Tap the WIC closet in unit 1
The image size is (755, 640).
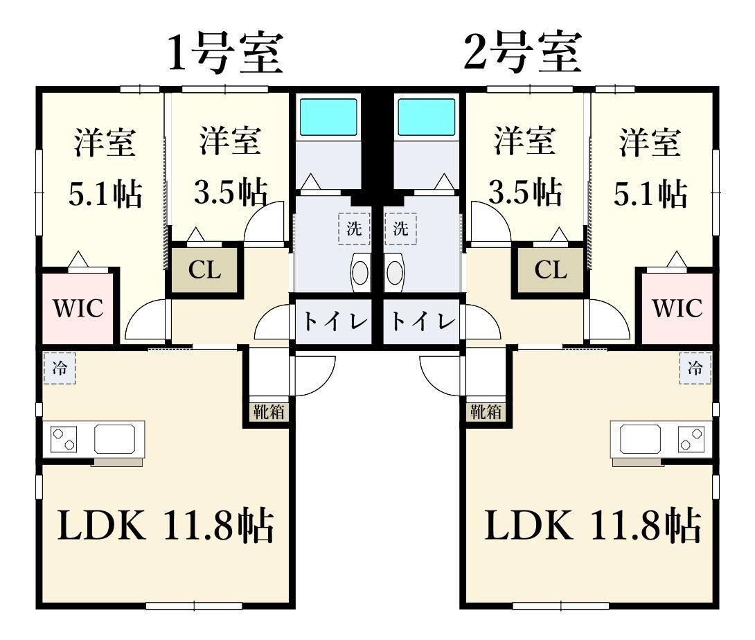pyautogui.click(x=78, y=308)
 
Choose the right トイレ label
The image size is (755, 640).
pyautogui.click(x=422, y=322)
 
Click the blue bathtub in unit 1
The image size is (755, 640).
pyautogui.click(x=328, y=116)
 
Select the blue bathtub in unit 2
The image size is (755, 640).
pyautogui.click(x=427, y=116)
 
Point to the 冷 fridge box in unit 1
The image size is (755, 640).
pyautogui.click(x=60, y=368)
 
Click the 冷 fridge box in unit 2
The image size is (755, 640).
pyautogui.click(x=695, y=368)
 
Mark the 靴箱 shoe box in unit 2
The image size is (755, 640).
pyautogui.click(x=486, y=411)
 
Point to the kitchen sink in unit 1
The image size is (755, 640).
pyautogui.click(x=116, y=438)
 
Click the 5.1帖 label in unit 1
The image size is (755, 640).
pyautogui.click(x=105, y=195)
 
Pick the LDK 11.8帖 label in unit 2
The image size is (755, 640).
pyautogui.click(x=592, y=528)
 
